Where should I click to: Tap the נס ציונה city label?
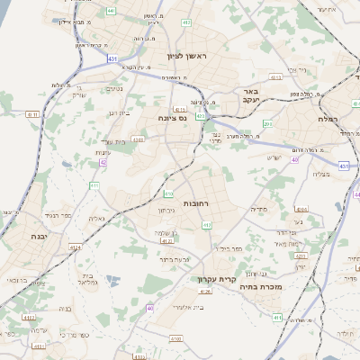pyautogui.click(x=171, y=118)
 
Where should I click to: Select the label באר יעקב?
pyautogui.click(x=250, y=95)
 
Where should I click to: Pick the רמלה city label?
pyautogui.click(x=327, y=118)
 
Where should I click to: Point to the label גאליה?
pyautogui.click(x=96, y=219)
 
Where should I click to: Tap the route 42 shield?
pyautogui.click(x=103, y=163)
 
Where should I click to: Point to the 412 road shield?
pyautogui.click(x=207, y=224)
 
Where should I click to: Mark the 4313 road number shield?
pyautogui.click(x=275, y=78)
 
